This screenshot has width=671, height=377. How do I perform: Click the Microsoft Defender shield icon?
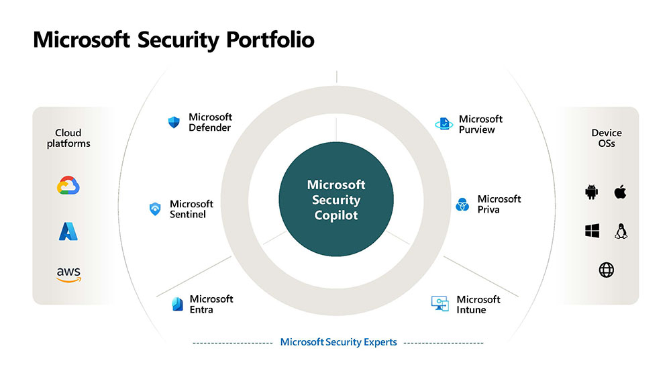pyautogui.click(x=174, y=122)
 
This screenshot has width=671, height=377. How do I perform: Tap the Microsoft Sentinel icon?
pyautogui.click(x=155, y=209)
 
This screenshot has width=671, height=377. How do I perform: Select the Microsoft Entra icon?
pyautogui.click(x=177, y=304)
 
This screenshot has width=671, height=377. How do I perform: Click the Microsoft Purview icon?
pyautogui.click(x=444, y=124)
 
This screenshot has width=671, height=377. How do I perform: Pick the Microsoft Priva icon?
pyautogui.click(x=462, y=205)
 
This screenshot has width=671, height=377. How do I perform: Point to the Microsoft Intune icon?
pyautogui.click(x=440, y=304)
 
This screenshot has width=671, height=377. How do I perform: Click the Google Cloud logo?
pyautogui.click(x=68, y=186)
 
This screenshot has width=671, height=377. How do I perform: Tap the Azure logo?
pyautogui.click(x=68, y=231)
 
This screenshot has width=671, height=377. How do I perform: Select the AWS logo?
pyautogui.click(x=68, y=274)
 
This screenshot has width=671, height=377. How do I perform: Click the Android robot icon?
pyautogui.click(x=591, y=193)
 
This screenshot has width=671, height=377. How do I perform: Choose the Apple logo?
pyautogui.click(x=620, y=193)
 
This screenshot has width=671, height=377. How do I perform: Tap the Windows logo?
pyautogui.click(x=591, y=231)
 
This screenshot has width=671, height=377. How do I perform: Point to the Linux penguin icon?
pyautogui.click(x=621, y=231)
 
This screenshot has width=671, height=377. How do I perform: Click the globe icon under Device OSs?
pyautogui.click(x=606, y=270)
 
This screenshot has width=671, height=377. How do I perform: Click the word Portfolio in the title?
pyautogui.click(x=270, y=40)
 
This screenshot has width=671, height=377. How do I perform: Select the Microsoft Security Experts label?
pyautogui.click(x=338, y=342)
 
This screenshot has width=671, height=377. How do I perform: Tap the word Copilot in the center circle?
pyautogui.click(x=336, y=215)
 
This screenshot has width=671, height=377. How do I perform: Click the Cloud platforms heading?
pyautogui.click(x=68, y=138)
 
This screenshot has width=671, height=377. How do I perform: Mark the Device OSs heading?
pyautogui.click(x=606, y=138)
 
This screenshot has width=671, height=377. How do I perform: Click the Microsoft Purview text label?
pyautogui.click(x=480, y=124)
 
